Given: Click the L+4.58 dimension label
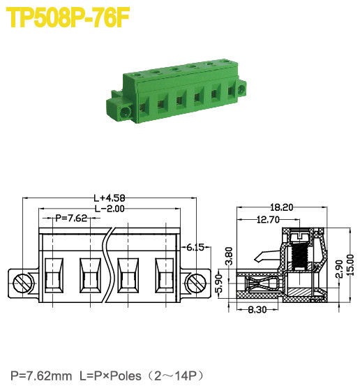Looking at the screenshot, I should [x=109, y=198].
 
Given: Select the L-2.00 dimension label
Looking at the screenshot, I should [x=109, y=208].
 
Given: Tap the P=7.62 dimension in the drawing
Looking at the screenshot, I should [x=71, y=218].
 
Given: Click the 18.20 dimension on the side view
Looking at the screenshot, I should [x=283, y=207].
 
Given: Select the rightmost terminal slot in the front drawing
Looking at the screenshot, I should [x=164, y=275].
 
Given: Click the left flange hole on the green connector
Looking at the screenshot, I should [x=126, y=112].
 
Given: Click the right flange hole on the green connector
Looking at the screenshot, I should [x=241, y=89].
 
